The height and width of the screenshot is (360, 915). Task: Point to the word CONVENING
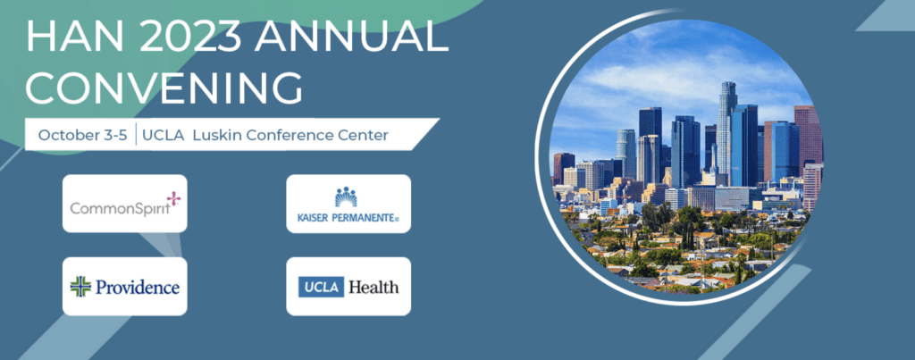[164, 88]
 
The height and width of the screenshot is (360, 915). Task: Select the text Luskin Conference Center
[290, 136]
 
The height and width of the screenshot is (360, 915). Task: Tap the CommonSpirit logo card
[125, 203]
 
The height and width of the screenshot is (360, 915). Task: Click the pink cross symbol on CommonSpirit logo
[173, 198]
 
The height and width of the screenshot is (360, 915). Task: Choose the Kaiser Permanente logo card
[348, 203]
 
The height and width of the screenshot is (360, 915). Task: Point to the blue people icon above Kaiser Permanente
[346, 197]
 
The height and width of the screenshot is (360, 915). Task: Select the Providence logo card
[125, 287]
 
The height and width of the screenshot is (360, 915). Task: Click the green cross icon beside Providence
[80, 287]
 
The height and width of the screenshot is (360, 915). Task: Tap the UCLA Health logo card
[348, 287]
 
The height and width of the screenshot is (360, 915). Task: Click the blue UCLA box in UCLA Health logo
[321, 287]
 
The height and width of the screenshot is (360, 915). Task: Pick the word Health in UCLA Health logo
[374, 287]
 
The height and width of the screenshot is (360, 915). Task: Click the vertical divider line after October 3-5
[136, 135]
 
